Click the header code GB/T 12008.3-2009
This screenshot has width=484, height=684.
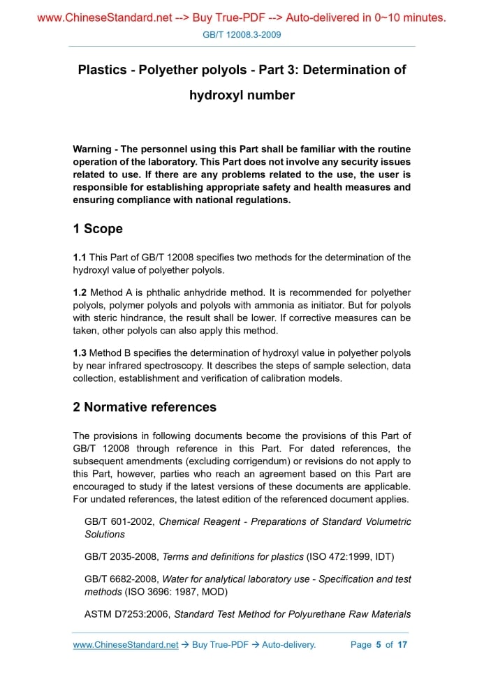pyautogui.click(x=242, y=34)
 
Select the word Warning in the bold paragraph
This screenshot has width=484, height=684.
pyautogui.click(x=91, y=149)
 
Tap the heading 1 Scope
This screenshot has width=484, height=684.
pyautogui.click(x=98, y=229)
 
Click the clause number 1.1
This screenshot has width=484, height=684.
pyautogui.click(x=80, y=258)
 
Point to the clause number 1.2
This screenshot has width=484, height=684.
pyautogui.click(x=80, y=292)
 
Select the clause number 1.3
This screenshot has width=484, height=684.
pyautogui.click(x=80, y=353)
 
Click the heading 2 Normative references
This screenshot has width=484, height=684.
pyautogui.click(x=145, y=407)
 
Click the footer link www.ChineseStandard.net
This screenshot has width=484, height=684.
pyautogui.click(x=126, y=645)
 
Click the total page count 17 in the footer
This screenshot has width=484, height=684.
pyautogui.click(x=402, y=645)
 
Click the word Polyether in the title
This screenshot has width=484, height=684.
pyautogui.click(x=166, y=70)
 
